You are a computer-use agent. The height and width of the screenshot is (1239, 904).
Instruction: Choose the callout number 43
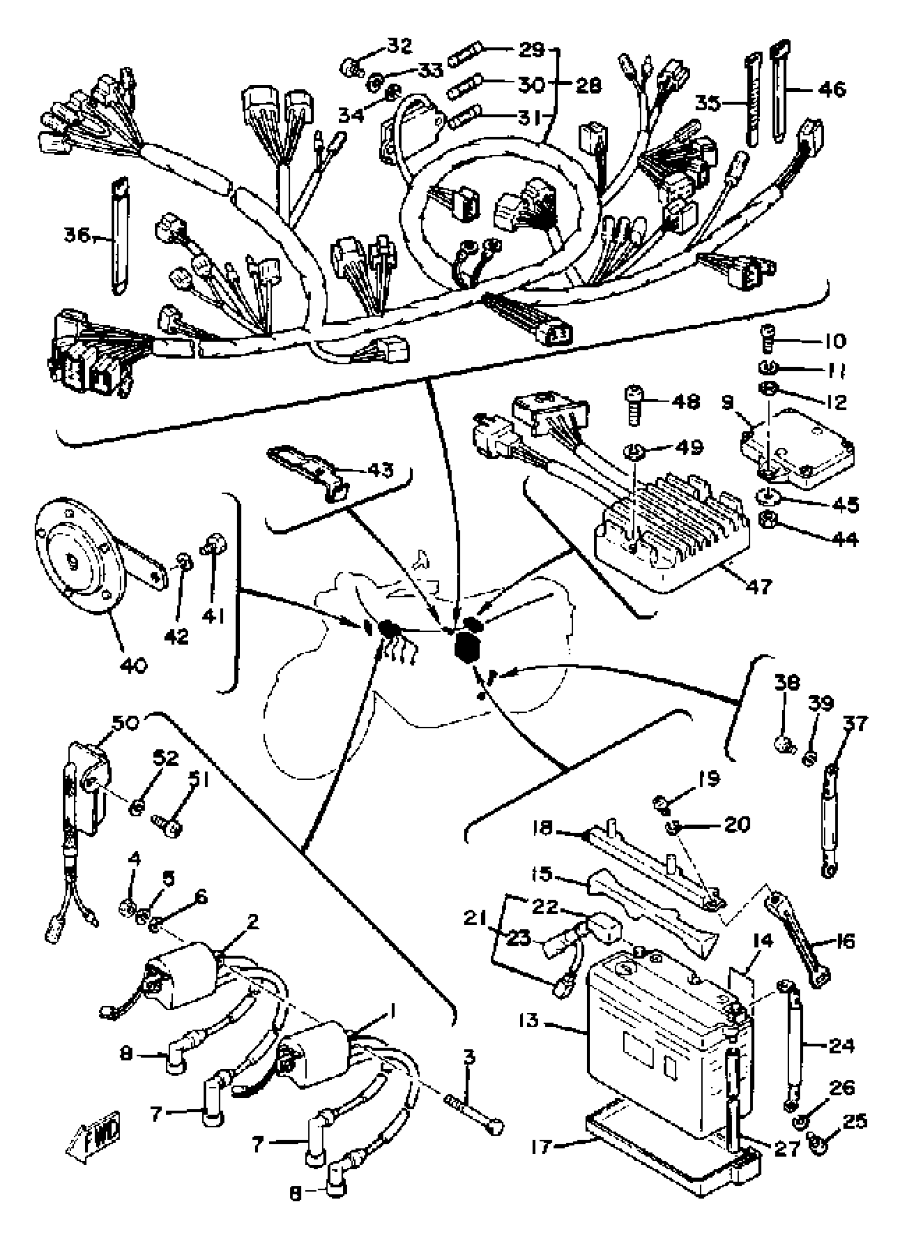point(380,470)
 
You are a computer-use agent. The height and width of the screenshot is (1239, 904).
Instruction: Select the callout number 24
point(841,1046)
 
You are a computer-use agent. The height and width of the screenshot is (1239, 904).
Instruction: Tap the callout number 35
point(709,102)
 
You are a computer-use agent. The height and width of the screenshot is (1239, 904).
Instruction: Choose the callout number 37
point(855,724)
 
